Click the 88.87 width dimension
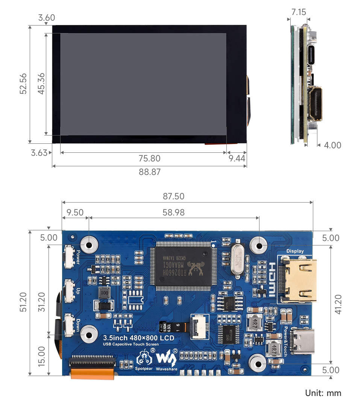tap(149, 172)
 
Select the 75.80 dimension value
tap(149, 158)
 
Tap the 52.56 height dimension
tap(23, 83)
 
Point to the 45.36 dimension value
tap(41, 83)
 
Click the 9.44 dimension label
tap(237, 158)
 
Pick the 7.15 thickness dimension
tap(299, 12)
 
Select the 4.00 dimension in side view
tap(332, 145)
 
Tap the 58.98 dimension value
tap(173, 212)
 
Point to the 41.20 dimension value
tap(338, 304)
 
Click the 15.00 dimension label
tap(41, 356)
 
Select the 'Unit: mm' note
tap(323, 393)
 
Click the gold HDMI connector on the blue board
tap(300, 279)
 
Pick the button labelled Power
tap(69, 256)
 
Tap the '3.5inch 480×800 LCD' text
tap(139, 337)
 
